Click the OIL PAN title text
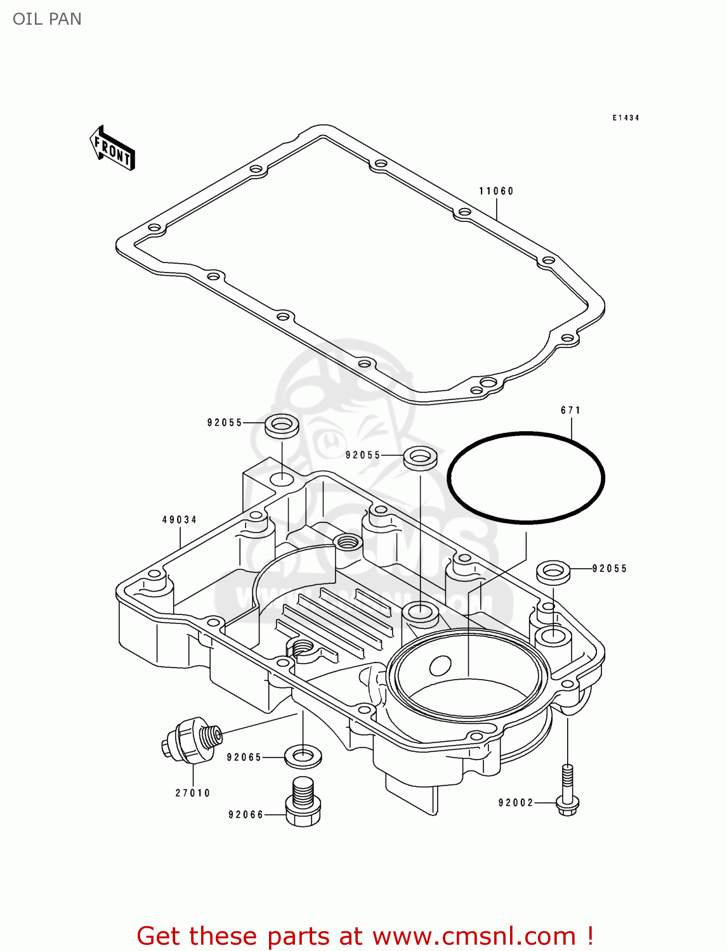point(47,19)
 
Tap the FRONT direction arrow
point(112,148)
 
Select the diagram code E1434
point(625,118)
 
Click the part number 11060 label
point(496,191)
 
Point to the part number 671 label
point(570,410)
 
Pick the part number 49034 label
point(180,519)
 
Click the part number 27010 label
point(193,792)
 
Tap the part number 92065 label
point(244,757)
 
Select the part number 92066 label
point(246,815)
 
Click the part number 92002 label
point(516,803)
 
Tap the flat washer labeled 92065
point(303,756)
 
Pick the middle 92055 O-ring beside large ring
point(420,457)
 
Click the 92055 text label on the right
point(609,569)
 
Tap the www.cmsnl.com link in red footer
point(473,936)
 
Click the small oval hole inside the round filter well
point(440,665)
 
